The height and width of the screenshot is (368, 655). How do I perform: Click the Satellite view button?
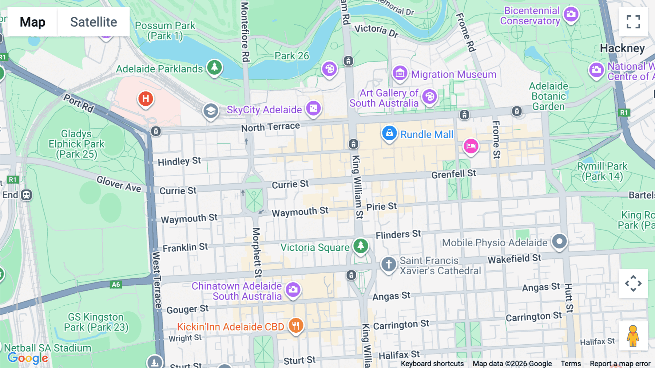(94, 22)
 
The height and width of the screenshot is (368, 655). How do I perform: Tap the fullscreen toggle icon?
(633, 22)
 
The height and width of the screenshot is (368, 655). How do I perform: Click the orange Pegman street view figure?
(633, 336)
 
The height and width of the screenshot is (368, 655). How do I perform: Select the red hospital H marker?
(146, 99)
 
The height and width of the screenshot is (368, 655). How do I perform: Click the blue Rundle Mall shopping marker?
(389, 133)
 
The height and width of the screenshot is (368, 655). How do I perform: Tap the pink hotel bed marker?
(471, 146)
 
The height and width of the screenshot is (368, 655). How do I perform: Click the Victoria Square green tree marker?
(361, 246)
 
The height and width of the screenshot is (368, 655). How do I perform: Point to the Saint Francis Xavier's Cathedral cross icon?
(388, 264)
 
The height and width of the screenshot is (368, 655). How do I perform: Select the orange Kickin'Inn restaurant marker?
(296, 325)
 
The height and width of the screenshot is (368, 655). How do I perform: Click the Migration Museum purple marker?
(400, 73)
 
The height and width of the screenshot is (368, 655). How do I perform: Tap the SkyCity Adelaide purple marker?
(313, 108)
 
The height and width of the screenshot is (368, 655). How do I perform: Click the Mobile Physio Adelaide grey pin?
(559, 241)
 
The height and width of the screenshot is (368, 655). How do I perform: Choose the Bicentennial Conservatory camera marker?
(571, 15)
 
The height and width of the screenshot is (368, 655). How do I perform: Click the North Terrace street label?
(270, 127)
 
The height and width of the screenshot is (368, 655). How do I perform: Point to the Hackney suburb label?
(622, 48)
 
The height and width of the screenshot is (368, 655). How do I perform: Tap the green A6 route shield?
(116, 285)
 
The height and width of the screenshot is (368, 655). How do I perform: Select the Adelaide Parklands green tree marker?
(214, 67)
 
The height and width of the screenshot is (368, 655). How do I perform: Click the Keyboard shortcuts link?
(432, 363)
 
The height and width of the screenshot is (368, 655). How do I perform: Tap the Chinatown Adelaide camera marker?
(293, 290)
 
